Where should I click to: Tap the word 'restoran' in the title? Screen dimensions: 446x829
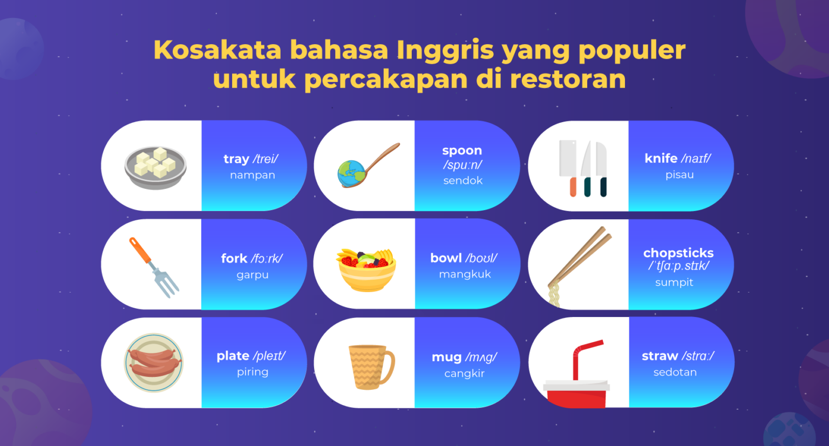click(x=567, y=79)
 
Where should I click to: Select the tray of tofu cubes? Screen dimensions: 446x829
click(x=155, y=167)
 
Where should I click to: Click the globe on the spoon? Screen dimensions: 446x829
click(x=351, y=174)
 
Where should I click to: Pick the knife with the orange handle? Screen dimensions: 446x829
click(x=568, y=167)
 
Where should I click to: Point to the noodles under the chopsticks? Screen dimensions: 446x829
click(x=554, y=296)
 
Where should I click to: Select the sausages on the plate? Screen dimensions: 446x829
click(x=154, y=362)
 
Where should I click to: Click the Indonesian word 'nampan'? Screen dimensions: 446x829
click(x=252, y=175)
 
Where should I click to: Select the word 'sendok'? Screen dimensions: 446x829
click(x=463, y=181)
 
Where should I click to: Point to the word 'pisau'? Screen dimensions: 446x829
click(x=679, y=174)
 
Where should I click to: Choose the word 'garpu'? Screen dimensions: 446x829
click(x=252, y=275)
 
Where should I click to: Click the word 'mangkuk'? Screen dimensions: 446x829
click(x=465, y=274)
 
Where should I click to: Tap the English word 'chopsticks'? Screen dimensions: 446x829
click(x=678, y=253)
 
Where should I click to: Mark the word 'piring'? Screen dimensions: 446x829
click(x=252, y=372)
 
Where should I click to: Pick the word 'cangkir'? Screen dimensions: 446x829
click(x=464, y=374)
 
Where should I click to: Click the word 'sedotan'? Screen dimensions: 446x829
click(x=675, y=372)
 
